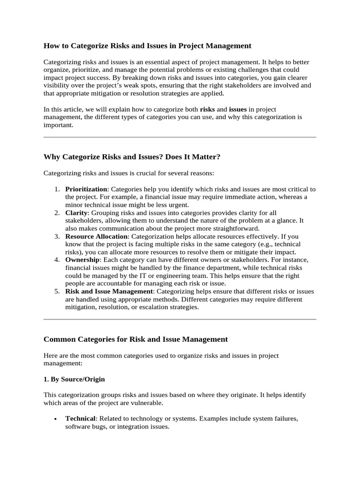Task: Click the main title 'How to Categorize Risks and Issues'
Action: pos(147,45)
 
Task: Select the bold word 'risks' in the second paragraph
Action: pos(207,109)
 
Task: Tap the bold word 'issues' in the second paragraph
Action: pos(238,109)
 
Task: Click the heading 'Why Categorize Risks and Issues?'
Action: pos(132,157)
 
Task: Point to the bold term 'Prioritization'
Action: pos(86,189)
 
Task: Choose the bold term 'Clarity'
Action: pos(76,212)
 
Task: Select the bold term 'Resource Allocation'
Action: pos(96,236)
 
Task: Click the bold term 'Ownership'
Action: pos(82,259)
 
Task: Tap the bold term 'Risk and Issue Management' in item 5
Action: pos(109,291)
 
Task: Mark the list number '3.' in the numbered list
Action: pos(56,236)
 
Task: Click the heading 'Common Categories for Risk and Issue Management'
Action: pos(135,339)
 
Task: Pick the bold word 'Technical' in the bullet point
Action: pos(80,418)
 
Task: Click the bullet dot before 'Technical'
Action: pos(56,419)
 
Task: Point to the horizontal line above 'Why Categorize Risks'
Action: pos(180,137)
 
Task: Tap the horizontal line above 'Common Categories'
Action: pos(180,319)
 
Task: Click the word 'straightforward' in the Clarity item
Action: pos(235,228)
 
